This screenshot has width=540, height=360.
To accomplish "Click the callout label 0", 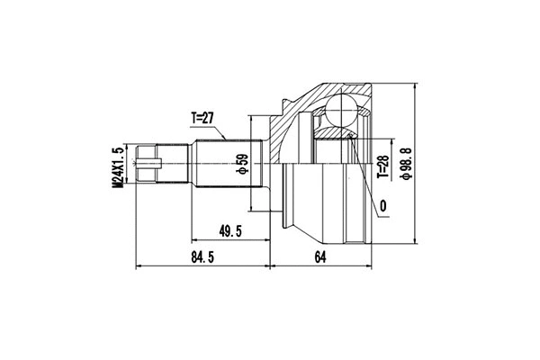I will pyautogui.click(x=383, y=205).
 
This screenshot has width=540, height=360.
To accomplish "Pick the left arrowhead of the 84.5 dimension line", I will pyautogui.click(x=137, y=267).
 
